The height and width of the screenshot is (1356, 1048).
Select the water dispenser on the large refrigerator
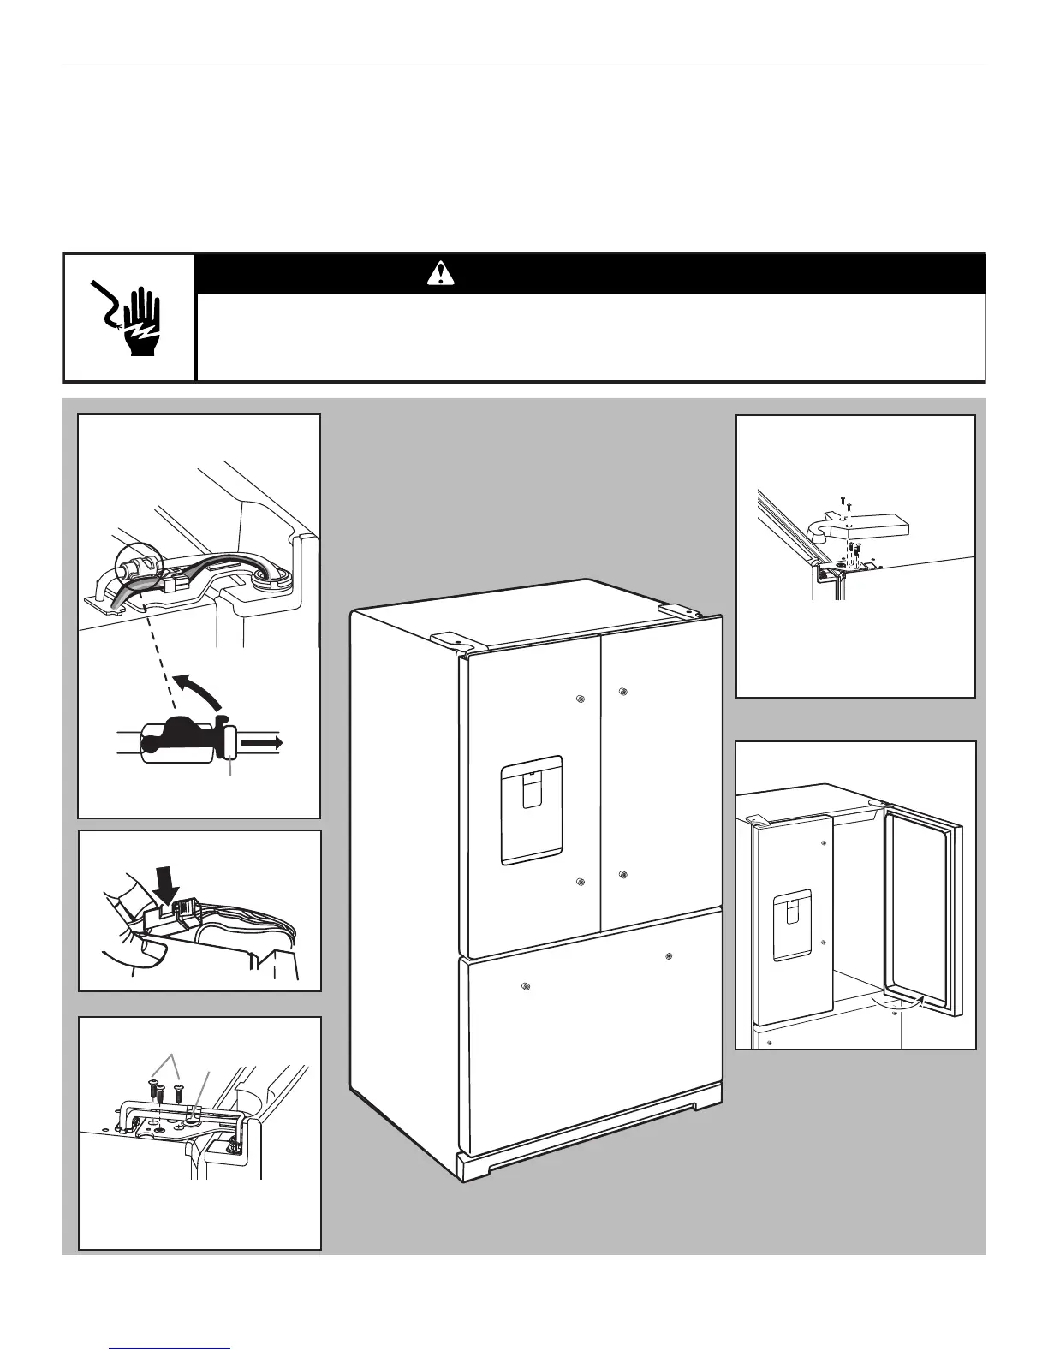(531, 810)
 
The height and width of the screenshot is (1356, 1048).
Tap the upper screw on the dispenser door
(581, 699)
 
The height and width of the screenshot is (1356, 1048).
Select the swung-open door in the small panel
(923, 907)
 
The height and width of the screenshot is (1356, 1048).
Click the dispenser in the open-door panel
(791, 914)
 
